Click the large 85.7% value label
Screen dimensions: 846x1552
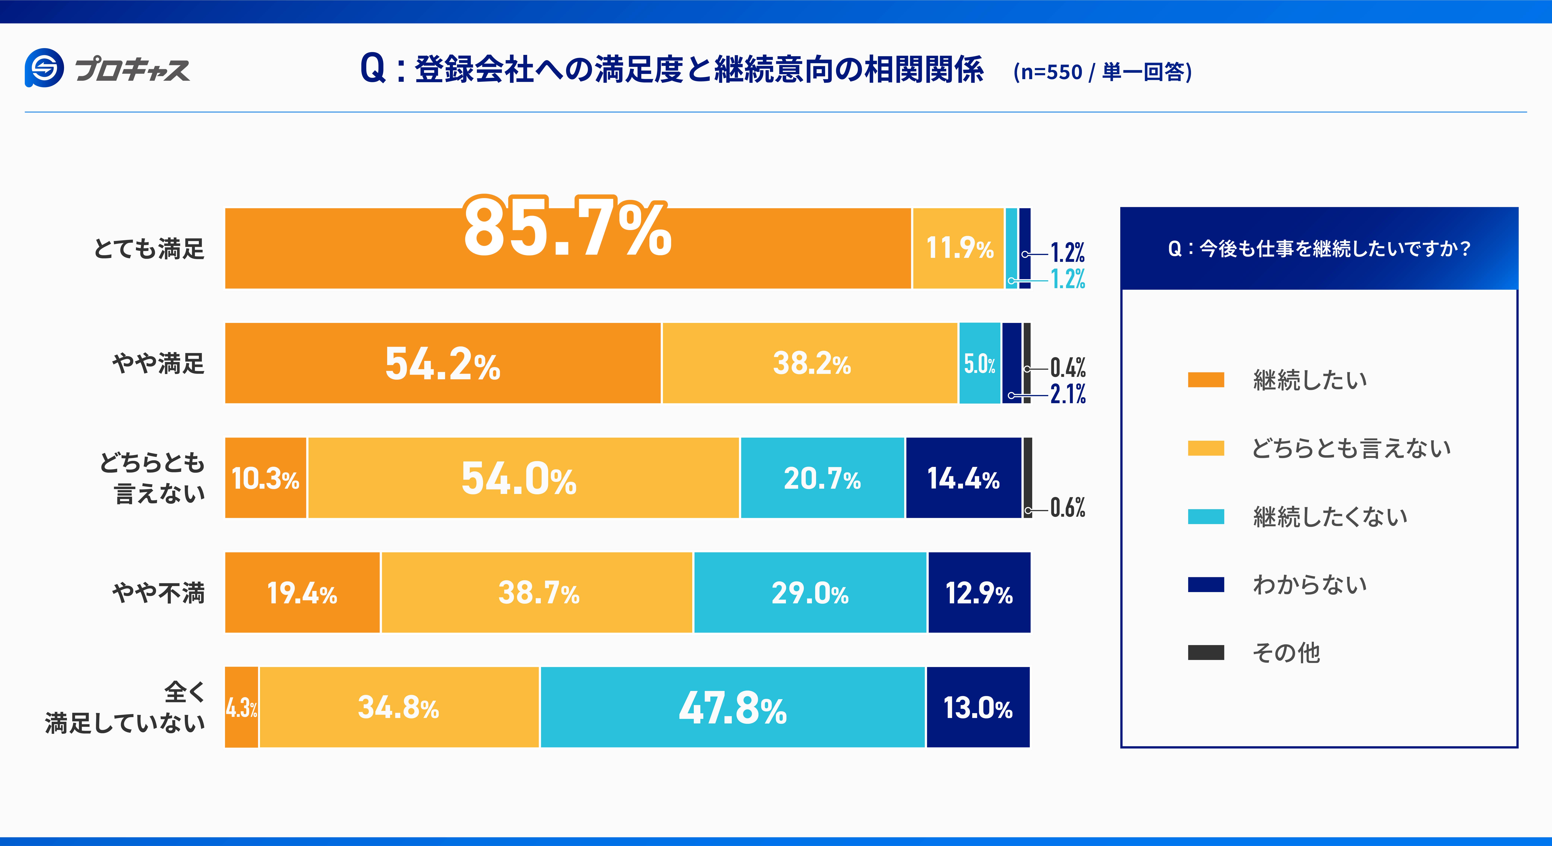click(567, 228)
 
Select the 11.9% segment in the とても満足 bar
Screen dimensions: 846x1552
click(958, 248)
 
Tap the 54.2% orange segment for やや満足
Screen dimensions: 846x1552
click(443, 363)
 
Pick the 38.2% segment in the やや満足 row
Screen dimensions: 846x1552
click(810, 363)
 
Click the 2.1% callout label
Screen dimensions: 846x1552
click(1068, 394)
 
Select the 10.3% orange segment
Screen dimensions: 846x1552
click(265, 478)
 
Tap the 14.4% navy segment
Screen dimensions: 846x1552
click(963, 478)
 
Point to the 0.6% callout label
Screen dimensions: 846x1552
click(1068, 508)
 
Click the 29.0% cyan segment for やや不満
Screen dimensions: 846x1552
click(810, 592)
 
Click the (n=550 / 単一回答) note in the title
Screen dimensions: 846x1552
click(1103, 72)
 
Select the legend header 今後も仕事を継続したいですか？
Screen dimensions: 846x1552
click(1319, 248)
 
